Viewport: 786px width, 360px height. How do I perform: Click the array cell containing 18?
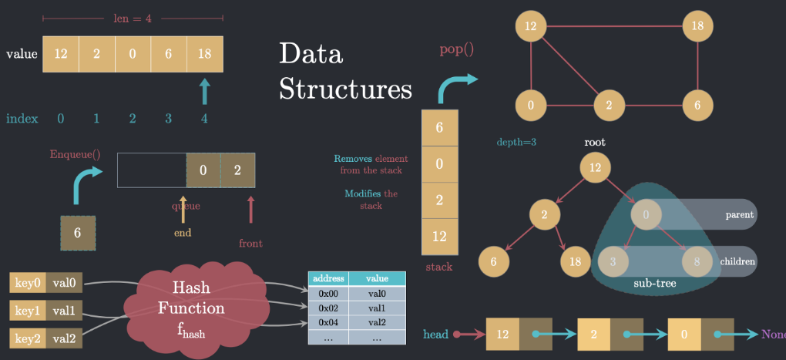pyautogui.click(x=205, y=55)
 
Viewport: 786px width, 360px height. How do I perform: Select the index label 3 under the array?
pyautogui.click(x=169, y=119)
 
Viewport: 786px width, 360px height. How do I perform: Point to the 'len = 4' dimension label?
pyautogui.click(x=133, y=18)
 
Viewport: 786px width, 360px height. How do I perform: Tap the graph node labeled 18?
pyautogui.click(x=697, y=26)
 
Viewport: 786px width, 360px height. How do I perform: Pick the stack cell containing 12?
pyautogui.click(x=439, y=237)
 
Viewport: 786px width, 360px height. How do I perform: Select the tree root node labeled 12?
pyautogui.click(x=595, y=167)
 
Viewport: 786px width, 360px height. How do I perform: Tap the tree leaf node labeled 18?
pyautogui.click(x=574, y=261)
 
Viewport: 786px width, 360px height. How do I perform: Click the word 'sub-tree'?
pyautogui.click(x=654, y=283)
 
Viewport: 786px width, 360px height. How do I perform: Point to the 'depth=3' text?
pyautogui.click(x=516, y=143)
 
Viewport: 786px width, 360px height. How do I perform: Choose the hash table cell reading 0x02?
pyautogui.click(x=328, y=308)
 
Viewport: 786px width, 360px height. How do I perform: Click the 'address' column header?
pyautogui.click(x=328, y=279)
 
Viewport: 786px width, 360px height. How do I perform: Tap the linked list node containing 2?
pyautogui.click(x=593, y=335)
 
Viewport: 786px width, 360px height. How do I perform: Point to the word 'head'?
pyautogui.click(x=436, y=335)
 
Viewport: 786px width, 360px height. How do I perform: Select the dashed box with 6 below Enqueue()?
pyautogui.click(x=79, y=232)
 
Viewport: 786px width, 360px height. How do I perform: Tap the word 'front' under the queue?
pyautogui.click(x=250, y=244)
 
